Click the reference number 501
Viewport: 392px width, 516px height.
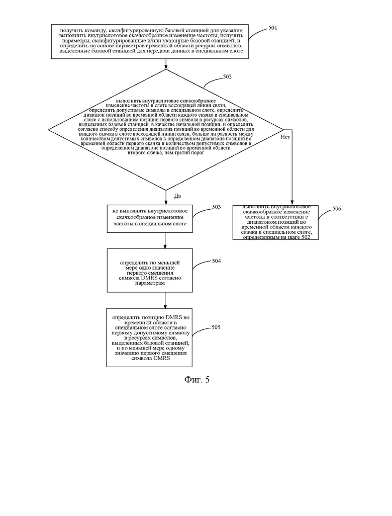[x=272, y=28]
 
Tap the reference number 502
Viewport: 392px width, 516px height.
[x=227, y=76]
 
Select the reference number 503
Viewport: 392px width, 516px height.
[x=217, y=207]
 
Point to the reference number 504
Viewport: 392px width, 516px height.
[x=217, y=261]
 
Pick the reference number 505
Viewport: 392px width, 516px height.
[x=216, y=327]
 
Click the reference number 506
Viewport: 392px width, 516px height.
[x=337, y=209]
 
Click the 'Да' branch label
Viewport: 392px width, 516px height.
[x=177, y=196]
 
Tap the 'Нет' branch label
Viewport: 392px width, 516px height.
[x=285, y=137]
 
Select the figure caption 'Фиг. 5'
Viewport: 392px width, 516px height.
[x=197, y=379]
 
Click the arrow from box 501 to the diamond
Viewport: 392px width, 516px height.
[x=166, y=64]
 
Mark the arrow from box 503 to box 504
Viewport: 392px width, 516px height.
[x=165, y=240]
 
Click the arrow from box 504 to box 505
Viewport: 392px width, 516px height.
[x=165, y=300]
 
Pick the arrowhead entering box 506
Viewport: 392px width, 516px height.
[x=292, y=203]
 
